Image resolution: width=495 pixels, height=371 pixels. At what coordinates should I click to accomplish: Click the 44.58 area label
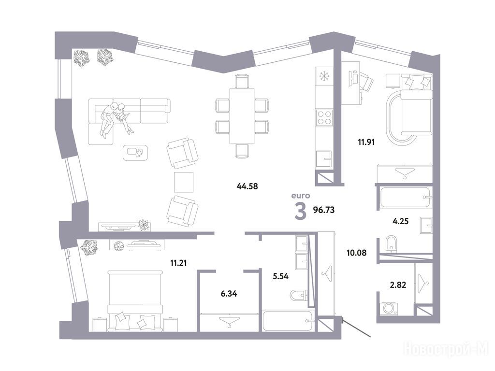point(247,186)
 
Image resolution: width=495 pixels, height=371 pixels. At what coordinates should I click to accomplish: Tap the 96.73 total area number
point(323,210)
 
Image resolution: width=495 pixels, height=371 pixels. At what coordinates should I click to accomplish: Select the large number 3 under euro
point(300,211)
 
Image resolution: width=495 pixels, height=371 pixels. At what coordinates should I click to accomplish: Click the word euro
point(301,196)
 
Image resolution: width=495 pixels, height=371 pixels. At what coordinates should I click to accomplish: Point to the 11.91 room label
point(366,142)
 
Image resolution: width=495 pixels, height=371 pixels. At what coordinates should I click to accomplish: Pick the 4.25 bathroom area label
point(400,221)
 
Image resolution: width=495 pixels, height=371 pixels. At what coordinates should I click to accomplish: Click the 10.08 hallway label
point(356,253)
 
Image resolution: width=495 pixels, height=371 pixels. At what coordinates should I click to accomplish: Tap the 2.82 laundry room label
point(398,285)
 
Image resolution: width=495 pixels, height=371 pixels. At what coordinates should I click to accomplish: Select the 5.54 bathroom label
point(281,277)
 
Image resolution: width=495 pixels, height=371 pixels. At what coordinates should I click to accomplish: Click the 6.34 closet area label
point(229,294)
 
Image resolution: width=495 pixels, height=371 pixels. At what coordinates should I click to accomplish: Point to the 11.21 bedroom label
point(178,262)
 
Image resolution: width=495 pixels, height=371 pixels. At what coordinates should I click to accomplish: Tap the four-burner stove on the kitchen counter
point(324,117)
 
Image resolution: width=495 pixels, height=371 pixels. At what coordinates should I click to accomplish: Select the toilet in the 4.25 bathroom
point(391,244)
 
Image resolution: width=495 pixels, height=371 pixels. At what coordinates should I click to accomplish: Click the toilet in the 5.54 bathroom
point(299,295)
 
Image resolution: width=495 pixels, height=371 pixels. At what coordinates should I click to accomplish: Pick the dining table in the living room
point(242,116)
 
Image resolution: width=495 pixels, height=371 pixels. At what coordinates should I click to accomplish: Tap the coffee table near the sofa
point(136,153)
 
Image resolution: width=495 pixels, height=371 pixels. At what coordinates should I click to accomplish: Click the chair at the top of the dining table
point(242,81)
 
